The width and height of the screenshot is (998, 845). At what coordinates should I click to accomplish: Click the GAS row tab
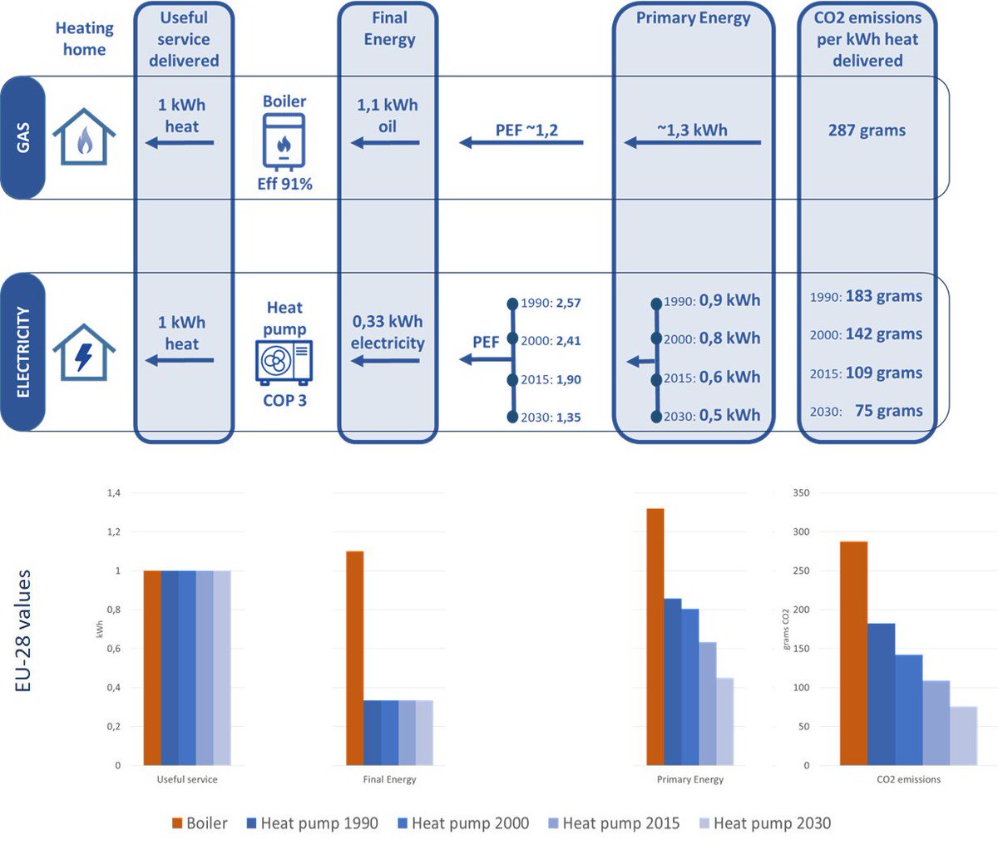[x=22, y=138]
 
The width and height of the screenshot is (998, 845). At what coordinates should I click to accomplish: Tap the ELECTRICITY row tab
[x=22, y=352]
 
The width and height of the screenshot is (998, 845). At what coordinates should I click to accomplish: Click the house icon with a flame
[x=84, y=137]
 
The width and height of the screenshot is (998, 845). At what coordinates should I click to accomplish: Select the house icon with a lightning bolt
[x=84, y=352]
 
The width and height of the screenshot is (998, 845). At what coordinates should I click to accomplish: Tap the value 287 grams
[x=867, y=131]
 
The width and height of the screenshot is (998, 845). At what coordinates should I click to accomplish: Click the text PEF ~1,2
[x=526, y=130]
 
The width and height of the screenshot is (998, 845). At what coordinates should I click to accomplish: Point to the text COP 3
[x=284, y=400]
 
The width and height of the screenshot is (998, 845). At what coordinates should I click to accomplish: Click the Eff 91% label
[x=284, y=184]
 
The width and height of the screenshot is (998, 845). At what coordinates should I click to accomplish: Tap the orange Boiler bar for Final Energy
[x=354, y=657]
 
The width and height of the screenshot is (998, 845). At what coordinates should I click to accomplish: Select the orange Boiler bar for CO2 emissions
[x=853, y=653]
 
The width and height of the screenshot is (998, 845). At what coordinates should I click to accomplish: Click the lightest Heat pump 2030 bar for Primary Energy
[x=724, y=721]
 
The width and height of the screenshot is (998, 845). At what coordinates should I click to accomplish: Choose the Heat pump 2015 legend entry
[x=614, y=823]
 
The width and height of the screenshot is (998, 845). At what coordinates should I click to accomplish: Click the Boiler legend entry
[x=200, y=823]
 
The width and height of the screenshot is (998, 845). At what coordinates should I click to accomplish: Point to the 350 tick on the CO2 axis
[x=801, y=493]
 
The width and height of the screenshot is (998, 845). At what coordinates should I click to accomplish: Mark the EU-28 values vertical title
[x=23, y=630]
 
